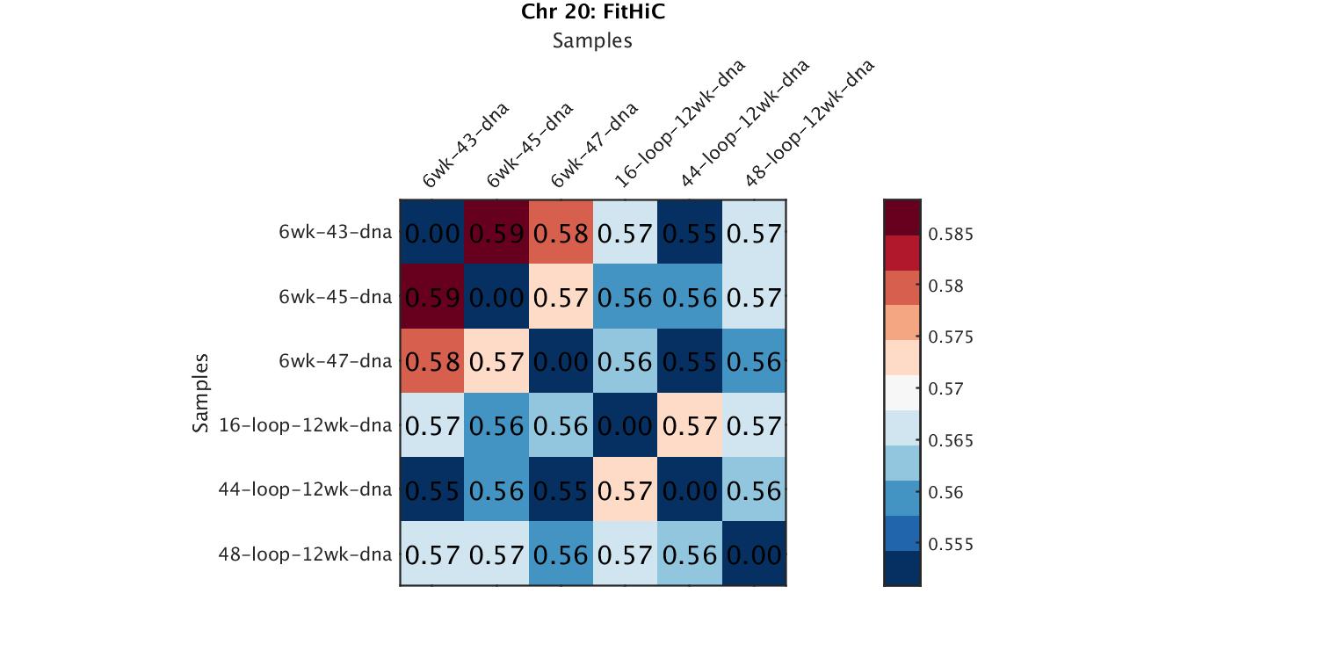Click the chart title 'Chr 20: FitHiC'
(x=592, y=12)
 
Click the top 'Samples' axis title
(x=592, y=40)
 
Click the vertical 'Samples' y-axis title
(x=201, y=393)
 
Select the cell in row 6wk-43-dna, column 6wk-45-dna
(x=496, y=233)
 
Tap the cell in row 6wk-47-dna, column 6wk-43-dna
(x=432, y=361)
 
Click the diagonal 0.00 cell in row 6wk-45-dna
(x=496, y=297)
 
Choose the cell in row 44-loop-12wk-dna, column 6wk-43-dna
(x=432, y=489)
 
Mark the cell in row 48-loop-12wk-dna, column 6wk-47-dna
(x=561, y=554)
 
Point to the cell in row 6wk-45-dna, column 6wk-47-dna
(x=561, y=297)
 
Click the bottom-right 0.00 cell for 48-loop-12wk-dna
(x=753, y=554)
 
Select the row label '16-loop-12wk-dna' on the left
(x=305, y=425)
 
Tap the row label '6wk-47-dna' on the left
(x=335, y=361)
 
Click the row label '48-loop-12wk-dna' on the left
(x=305, y=554)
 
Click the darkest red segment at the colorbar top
(x=902, y=217)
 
